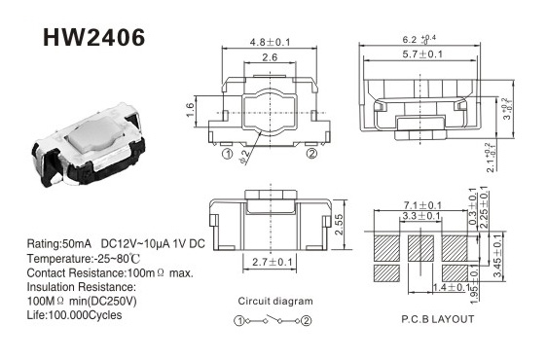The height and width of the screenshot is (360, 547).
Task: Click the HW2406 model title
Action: [x=93, y=37]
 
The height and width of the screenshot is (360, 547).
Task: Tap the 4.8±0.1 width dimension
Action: [x=270, y=42]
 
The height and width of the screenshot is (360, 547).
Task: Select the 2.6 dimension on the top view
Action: [x=270, y=57]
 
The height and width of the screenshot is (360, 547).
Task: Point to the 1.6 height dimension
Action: [x=190, y=110]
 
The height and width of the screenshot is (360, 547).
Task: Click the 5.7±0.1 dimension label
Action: [x=422, y=54]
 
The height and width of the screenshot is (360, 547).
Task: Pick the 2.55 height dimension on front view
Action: [x=339, y=225]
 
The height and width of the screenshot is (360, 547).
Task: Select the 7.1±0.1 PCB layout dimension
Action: [x=422, y=205]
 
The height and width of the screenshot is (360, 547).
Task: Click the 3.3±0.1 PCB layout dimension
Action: [x=421, y=216]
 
